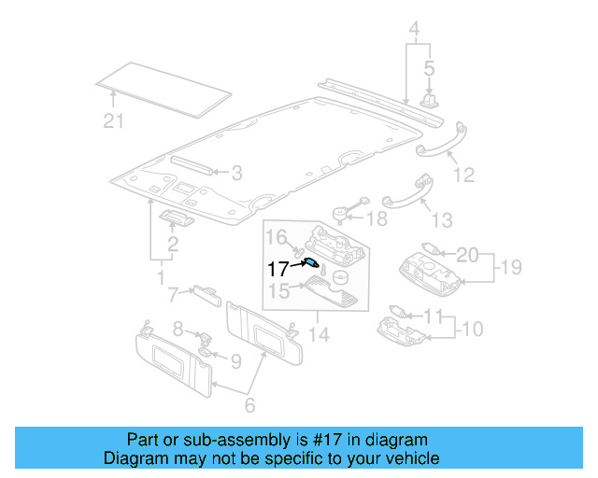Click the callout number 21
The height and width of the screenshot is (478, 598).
point(112,119)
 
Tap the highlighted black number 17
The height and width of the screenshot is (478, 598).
point(278,269)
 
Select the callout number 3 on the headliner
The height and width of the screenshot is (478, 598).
point(236,173)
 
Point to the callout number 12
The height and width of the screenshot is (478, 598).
point(463,175)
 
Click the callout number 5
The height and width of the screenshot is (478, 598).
point(430,68)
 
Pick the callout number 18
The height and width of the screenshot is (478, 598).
point(376,218)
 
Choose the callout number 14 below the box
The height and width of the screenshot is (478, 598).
point(321,333)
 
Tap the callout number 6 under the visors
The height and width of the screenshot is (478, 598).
point(249,406)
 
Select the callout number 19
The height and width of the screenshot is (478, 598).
point(508,268)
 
